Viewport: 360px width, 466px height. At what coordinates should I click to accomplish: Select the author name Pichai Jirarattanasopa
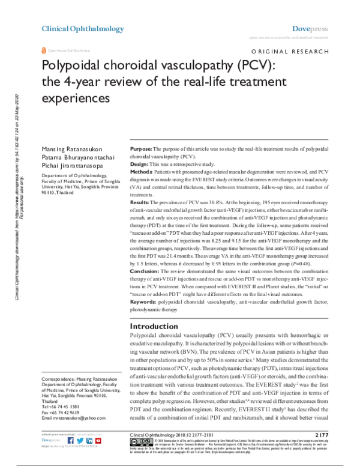click(72, 164)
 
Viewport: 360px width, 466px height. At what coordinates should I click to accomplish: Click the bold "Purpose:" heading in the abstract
click(143, 148)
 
